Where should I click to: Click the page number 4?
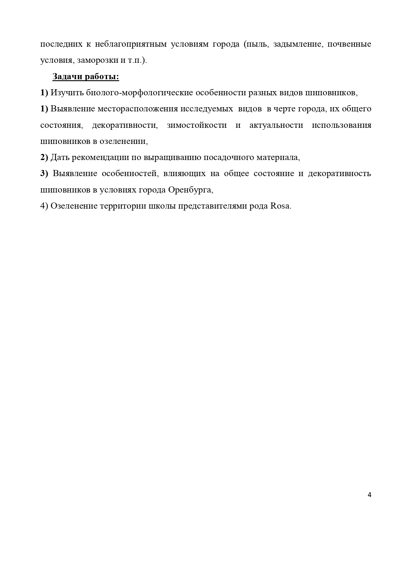click(369, 495)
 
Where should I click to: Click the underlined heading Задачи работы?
click(86, 77)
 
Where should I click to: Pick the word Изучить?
click(67, 93)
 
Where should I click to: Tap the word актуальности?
click(276, 125)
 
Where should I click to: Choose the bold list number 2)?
click(44, 157)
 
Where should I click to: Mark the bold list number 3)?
click(44, 174)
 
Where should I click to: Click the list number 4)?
click(44, 206)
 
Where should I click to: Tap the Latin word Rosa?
click(280, 206)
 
